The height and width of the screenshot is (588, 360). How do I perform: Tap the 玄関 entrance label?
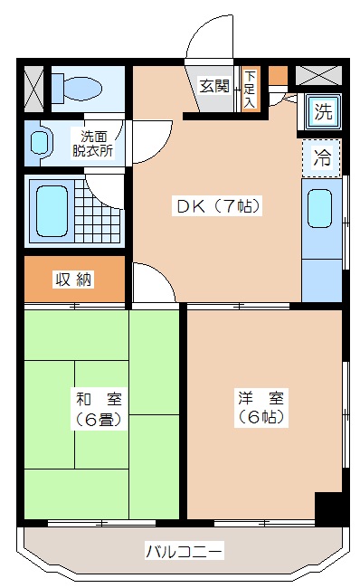[214, 87]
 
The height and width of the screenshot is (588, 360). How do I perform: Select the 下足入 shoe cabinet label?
[249, 89]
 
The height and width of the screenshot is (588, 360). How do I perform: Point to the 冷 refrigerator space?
[322, 156]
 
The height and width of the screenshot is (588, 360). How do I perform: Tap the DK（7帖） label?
[218, 205]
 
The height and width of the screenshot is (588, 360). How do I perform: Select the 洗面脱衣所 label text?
[92, 145]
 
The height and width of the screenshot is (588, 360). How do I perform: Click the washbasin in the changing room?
[38, 143]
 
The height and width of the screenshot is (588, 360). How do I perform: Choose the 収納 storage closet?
[72, 280]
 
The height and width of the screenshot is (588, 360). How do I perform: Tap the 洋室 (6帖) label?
[262, 407]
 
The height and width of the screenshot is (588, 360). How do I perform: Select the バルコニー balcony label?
[184, 550]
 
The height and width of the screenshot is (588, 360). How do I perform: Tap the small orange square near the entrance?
[277, 75]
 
